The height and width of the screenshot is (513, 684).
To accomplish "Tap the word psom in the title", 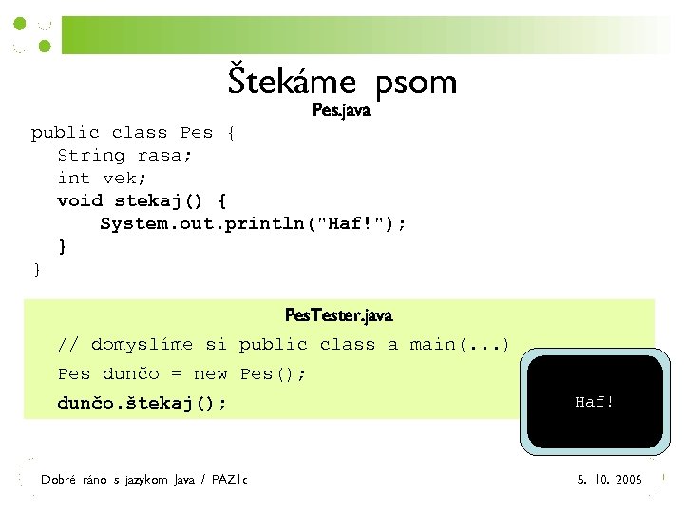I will [x=416, y=84].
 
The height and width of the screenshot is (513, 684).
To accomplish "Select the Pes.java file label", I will [x=342, y=111].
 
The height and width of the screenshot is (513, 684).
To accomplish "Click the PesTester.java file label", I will [x=338, y=314].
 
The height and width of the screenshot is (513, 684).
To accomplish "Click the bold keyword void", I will [x=80, y=200].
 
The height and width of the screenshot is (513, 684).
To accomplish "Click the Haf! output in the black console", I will [x=595, y=402].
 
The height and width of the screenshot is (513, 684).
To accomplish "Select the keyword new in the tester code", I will [x=210, y=373].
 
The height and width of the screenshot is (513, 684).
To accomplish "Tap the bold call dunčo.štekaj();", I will [x=142, y=403].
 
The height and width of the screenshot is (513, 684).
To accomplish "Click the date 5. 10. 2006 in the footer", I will [x=610, y=480].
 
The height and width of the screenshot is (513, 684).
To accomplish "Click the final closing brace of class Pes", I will [x=37, y=270].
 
